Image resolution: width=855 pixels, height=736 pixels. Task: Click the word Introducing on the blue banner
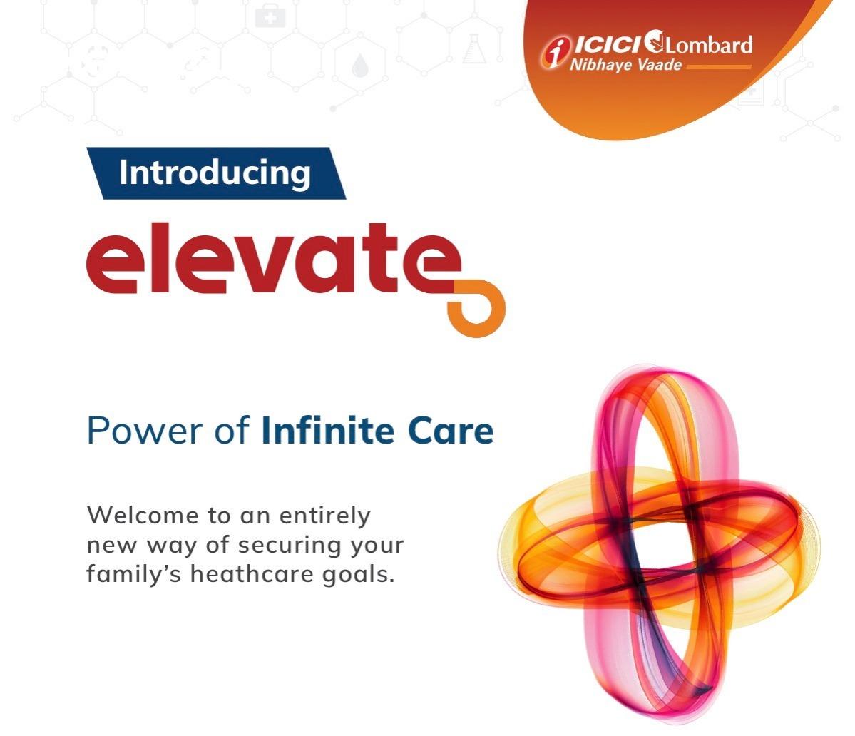[215, 173]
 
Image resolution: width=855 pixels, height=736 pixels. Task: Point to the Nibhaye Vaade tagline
[625, 66]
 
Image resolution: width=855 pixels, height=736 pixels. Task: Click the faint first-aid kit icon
[270, 16]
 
